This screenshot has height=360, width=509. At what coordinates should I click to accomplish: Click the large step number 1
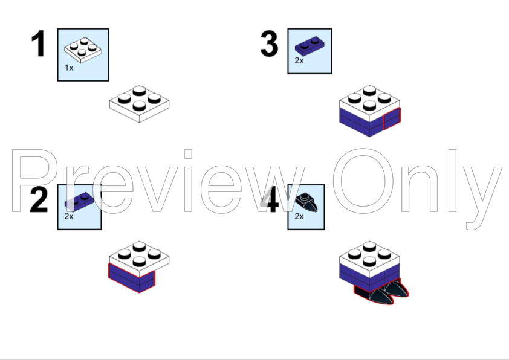click(x=39, y=43)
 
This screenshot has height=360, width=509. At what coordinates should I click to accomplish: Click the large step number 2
click(x=39, y=200)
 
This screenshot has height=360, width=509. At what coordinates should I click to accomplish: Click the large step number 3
click(x=269, y=43)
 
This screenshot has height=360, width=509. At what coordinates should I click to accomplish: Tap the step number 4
click(x=270, y=200)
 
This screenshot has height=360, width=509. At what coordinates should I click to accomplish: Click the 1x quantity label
click(x=69, y=68)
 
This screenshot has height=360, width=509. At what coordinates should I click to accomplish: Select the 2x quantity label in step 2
click(x=69, y=216)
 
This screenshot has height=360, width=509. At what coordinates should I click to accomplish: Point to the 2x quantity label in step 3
click(x=299, y=60)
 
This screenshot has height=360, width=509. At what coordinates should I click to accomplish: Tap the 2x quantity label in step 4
click(x=299, y=216)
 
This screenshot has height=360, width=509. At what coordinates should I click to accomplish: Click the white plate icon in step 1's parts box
click(x=83, y=50)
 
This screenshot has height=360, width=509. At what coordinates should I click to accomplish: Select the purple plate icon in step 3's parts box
click(x=310, y=47)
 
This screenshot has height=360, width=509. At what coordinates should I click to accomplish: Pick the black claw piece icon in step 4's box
click(x=306, y=203)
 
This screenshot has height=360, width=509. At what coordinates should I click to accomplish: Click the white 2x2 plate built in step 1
click(x=139, y=104)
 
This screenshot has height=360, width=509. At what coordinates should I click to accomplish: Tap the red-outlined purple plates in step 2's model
click(x=131, y=278)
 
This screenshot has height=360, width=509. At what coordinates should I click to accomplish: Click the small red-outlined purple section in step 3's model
click(x=392, y=119)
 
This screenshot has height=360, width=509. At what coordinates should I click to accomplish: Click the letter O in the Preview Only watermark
click(x=363, y=181)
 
